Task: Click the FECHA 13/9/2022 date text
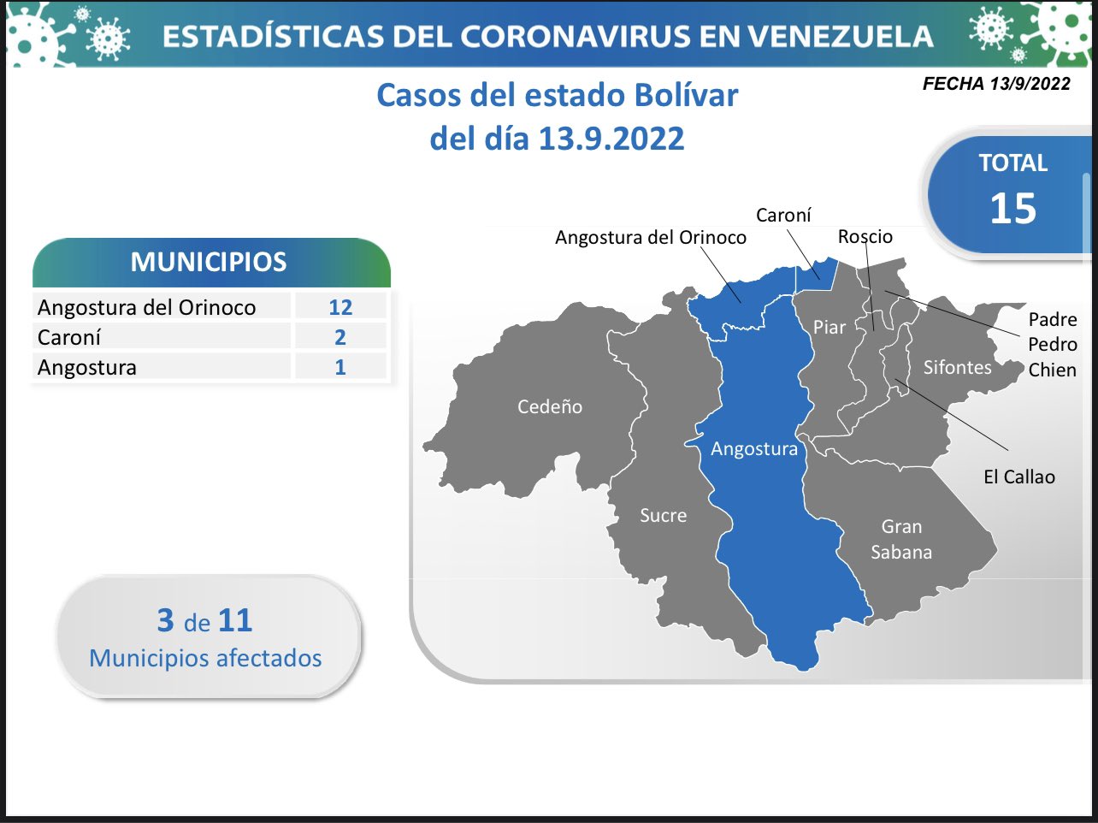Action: (x=996, y=83)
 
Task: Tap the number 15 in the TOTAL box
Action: (x=1013, y=208)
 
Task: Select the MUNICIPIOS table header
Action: (x=209, y=261)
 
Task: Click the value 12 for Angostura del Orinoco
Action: (x=340, y=306)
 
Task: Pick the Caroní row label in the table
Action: (x=69, y=337)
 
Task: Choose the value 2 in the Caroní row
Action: (x=340, y=337)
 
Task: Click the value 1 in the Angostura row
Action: (x=340, y=367)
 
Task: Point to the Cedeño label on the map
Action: (x=550, y=406)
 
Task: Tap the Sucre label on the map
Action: (x=664, y=515)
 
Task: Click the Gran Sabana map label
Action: (x=901, y=539)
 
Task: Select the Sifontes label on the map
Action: (x=957, y=367)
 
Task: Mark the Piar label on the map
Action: (x=829, y=327)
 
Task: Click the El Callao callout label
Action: (x=1019, y=477)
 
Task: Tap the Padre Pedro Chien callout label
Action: (x=1053, y=344)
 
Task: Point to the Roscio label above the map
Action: (x=865, y=236)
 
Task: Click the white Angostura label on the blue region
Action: (x=754, y=449)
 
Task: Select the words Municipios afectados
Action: (x=205, y=658)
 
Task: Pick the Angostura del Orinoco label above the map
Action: (x=651, y=237)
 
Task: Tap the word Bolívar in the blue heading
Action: (x=687, y=95)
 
